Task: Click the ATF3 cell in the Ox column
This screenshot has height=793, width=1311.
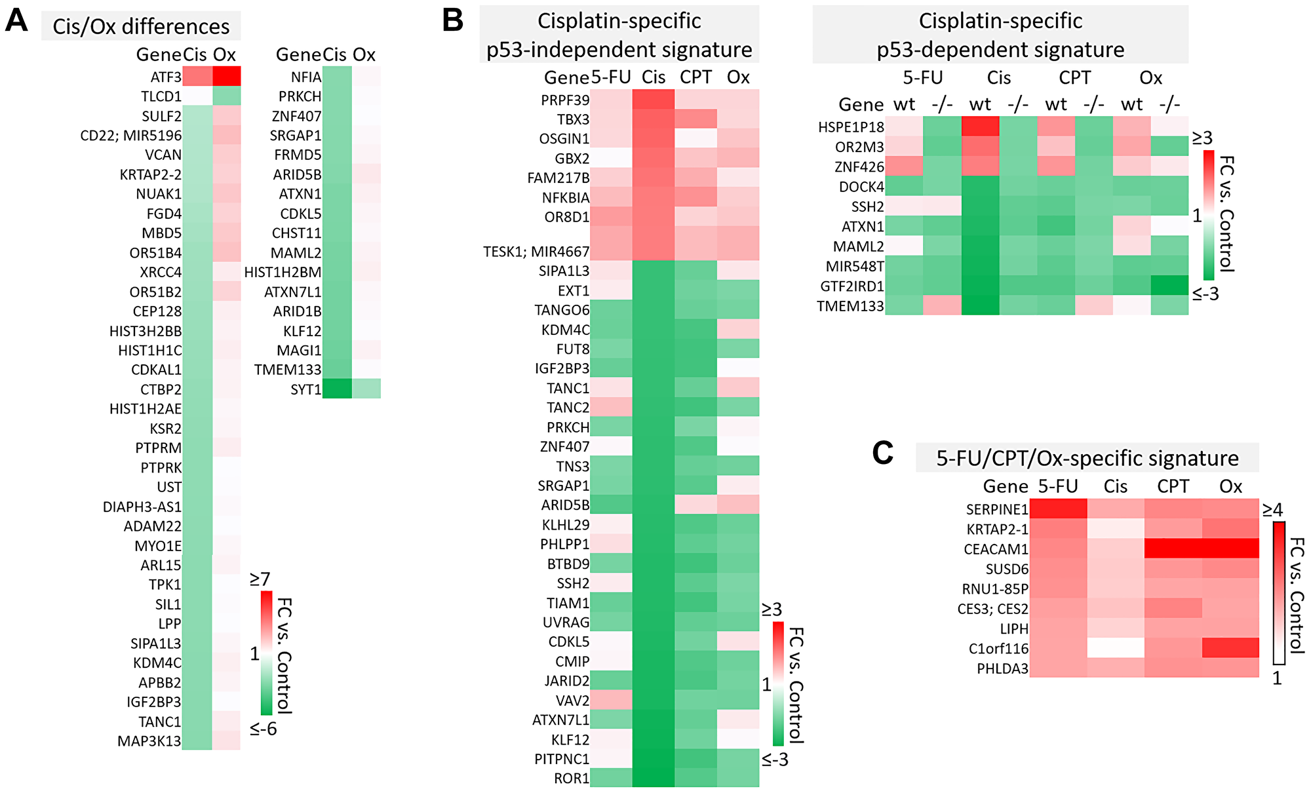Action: pyautogui.click(x=226, y=76)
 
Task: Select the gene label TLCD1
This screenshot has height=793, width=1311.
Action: pyautogui.click(x=161, y=96)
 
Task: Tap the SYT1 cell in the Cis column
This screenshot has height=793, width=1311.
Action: pyautogui.click(x=337, y=389)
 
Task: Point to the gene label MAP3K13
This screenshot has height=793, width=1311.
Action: pyautogui.click(x=149, y=741)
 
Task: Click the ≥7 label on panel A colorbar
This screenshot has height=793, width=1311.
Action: pyautogui.click(x=260, y=579)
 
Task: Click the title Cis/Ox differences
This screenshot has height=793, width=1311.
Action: pyautogui.click(x=141, y=27)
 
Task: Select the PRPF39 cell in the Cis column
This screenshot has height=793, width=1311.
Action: pyautogui.click(x=653, y=100)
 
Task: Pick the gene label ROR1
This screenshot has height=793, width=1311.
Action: pyautogui.click(x=572, y=779)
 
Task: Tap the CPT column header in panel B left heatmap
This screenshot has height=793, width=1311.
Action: pyautogui.click(x=695, y=77)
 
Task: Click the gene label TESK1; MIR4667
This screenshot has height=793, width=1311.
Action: pyautogui.click(x=536, y=252)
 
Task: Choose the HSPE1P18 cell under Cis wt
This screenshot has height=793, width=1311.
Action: pyautogui.click(x=980, y=126)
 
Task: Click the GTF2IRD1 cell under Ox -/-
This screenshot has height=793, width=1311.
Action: pyautogui.click(x=1169, y=286)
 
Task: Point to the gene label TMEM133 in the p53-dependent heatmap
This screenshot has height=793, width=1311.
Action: pyautogui.click(x=850, y=306)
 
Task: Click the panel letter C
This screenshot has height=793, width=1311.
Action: pyautogui.click(x=883, y=453)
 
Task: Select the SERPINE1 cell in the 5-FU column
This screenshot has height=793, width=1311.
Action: pyautogui.click(x=1058, y=509)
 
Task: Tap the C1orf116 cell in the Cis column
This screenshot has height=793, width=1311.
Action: pyautogui.click(x=1116, y=648)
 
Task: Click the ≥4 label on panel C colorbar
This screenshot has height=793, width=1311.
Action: pyautogui.click(x=1272, y=509)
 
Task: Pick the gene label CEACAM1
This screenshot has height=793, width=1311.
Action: pyautogui.click(x=996, y=549)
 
